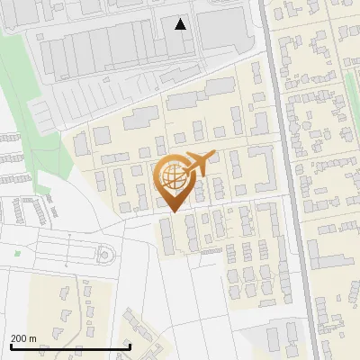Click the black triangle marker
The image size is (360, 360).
(181, 24)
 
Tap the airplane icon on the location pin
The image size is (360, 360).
(199, 164)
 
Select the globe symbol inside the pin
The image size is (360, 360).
(172, 178)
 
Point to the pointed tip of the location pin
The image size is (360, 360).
(172, 212)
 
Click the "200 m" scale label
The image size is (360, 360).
(23, 338)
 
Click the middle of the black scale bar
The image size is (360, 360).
(70, 346)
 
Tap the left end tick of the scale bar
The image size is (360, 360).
(10, 345)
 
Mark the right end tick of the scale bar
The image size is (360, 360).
(130, 345)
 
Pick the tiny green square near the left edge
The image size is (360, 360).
(17, 253)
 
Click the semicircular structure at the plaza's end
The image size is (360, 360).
(106, 255)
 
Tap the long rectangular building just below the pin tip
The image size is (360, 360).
(167, 236)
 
